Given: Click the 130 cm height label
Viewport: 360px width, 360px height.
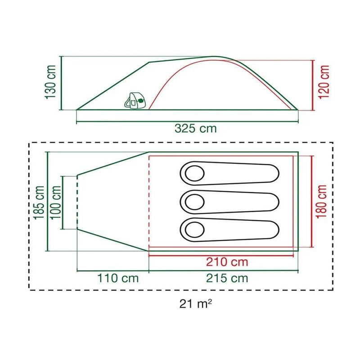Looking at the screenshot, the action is (x=50, y=82).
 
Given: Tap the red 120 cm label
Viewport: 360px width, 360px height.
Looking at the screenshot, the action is (x=324, y=82).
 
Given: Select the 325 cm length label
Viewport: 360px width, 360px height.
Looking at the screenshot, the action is (x=196, y=128).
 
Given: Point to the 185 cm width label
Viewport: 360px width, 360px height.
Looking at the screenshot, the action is (x=39, y=202).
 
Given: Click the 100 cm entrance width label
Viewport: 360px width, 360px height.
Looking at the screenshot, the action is (x=56, y=202).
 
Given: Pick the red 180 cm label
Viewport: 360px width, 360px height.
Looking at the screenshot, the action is (x=321, y=202).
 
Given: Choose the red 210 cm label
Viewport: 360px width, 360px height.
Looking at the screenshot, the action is (x=227, y=262).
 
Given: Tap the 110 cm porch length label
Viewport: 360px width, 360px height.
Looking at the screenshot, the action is (x=118, y=278).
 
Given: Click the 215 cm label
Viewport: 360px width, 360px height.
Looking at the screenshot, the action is (x=227, y=278).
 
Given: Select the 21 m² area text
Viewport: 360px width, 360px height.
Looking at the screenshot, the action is (x=195, y=304).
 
